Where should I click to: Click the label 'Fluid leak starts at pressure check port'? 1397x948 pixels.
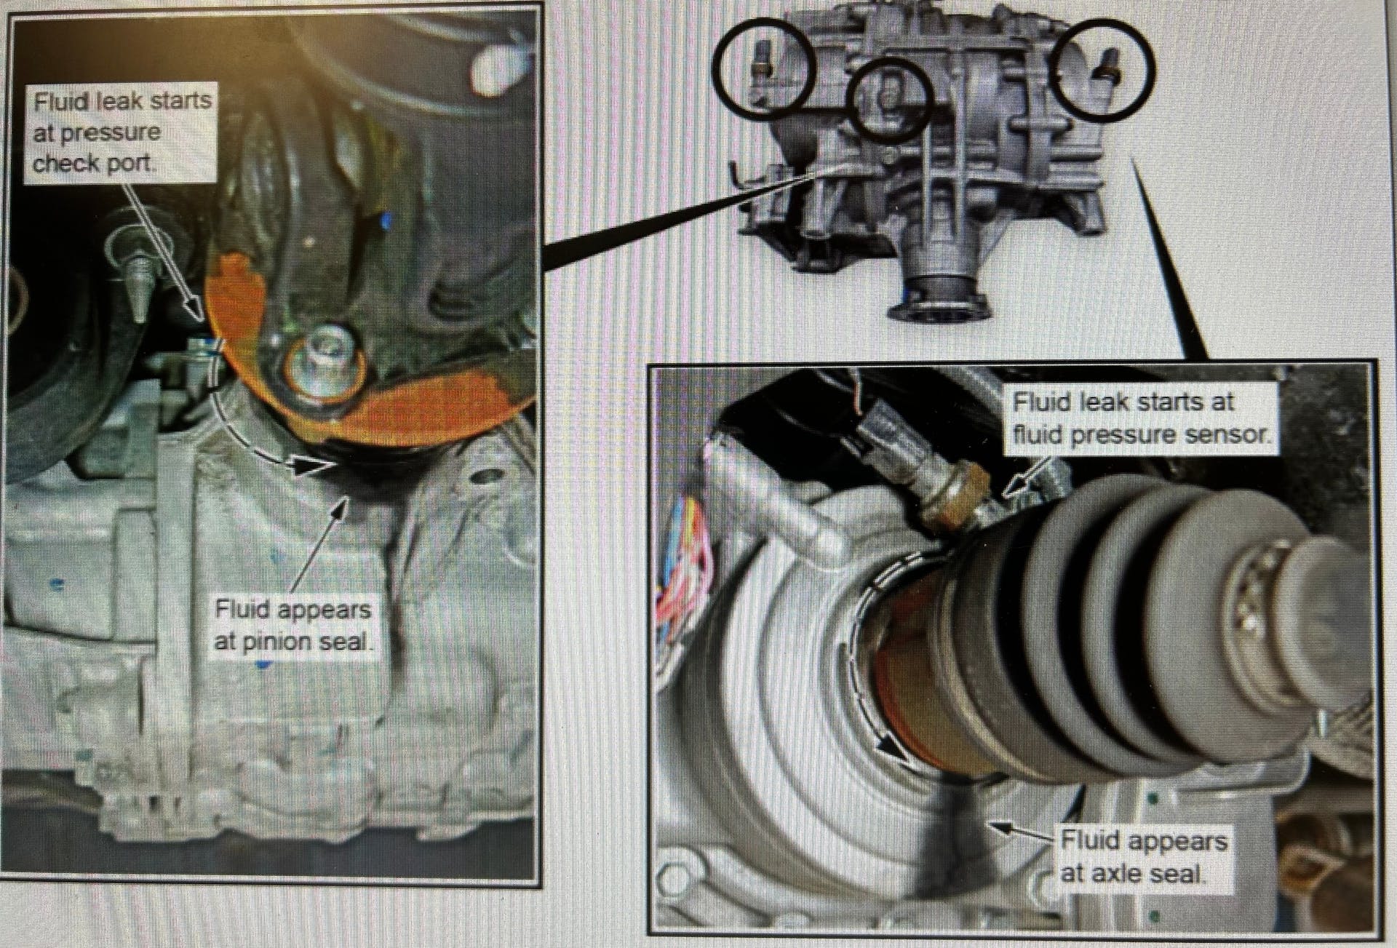tap(122, 132)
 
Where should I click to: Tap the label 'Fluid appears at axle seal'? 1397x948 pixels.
tap(1143, 856)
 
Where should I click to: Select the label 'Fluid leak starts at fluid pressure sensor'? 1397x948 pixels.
tap(1140, 419)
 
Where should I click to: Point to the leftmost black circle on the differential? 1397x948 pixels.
tap(763, 68)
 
